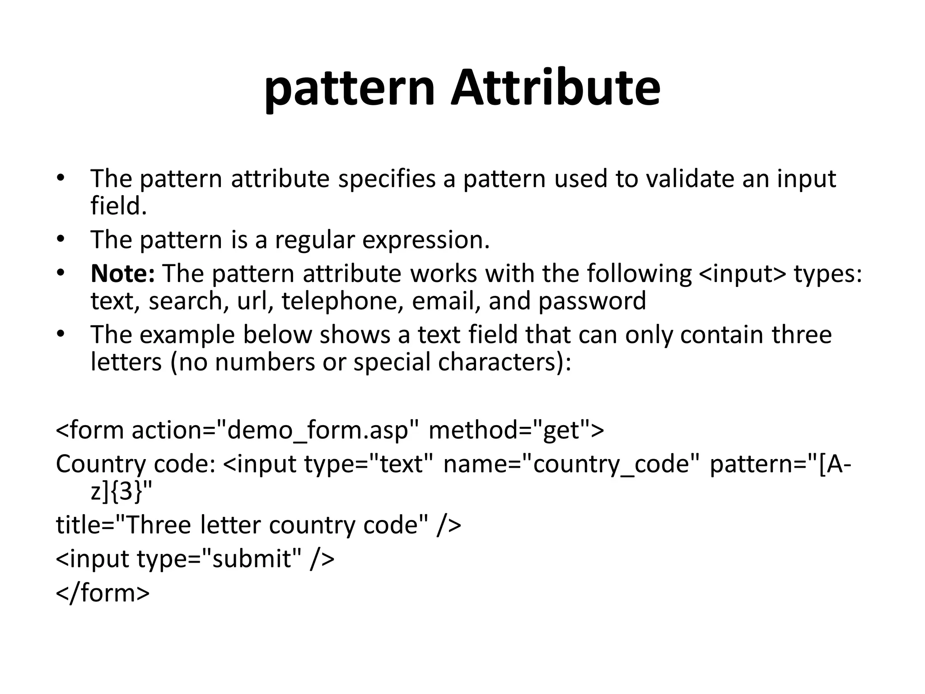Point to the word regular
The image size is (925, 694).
[314, 240]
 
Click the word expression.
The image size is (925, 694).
[426, 240]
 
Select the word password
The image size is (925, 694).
[592, 301]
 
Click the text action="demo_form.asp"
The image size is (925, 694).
[276, 430]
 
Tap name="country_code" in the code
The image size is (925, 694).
[571, 464]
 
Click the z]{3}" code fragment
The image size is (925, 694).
[121, 492]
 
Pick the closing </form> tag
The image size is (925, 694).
[103, 593]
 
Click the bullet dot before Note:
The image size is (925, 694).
[61, 273]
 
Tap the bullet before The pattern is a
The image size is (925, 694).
[61, 239]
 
